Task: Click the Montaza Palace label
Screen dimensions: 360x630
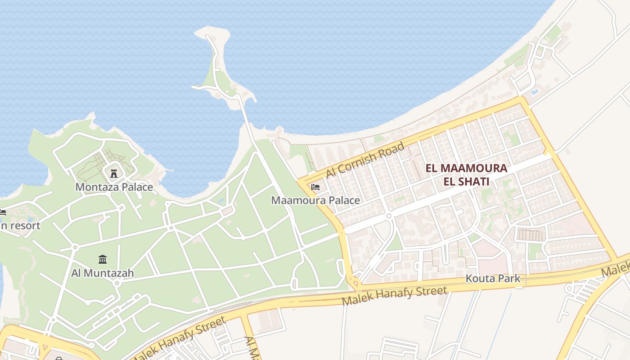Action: click(x=114, y=187)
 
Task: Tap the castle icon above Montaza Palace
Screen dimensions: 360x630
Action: click(x=114, y=173)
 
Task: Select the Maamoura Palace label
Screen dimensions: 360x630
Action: click(x=315, y=200)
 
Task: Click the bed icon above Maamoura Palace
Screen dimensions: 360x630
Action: click(x=315, y=187)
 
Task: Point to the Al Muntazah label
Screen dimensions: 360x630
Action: click(x=103, y=273)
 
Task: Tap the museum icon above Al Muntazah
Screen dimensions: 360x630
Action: click(x=103, y=259)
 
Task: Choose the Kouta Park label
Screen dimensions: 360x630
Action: click(x=493, y=278)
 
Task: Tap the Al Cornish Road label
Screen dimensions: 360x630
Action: click(x=365, y=160)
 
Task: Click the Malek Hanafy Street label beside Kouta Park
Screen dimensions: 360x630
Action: click(x=395, y=296)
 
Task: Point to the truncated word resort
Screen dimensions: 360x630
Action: click(x=22, y=225)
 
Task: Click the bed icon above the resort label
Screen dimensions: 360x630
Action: click(x=2, y=212)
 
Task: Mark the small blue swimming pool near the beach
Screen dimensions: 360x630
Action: click(x=535, y=92)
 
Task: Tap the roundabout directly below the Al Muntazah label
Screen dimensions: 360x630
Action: click(x=117, y=283)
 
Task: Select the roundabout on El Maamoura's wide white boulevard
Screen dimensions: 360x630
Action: click(x=389, y=216)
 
